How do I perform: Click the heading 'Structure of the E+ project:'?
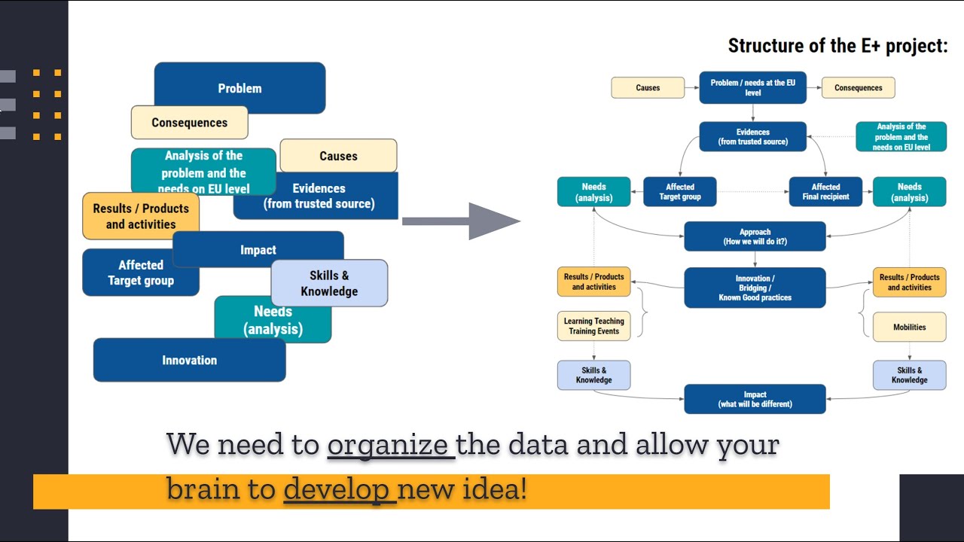point(837,46)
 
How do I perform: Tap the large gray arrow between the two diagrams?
point(461,221)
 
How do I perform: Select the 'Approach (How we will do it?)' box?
point(755,236)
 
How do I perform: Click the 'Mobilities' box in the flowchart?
point(909,327)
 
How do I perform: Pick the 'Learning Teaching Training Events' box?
point(593,326)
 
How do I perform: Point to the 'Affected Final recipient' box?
point(825,192)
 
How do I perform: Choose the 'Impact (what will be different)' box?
point(755,399)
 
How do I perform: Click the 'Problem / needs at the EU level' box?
point(752,87)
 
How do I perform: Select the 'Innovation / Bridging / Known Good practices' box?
point(755,288)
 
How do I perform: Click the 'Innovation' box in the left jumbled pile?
point(188,361)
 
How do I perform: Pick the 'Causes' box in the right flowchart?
point(647,87)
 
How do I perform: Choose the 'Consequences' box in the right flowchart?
point(858,87)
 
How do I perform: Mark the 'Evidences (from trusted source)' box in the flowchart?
point(752,136)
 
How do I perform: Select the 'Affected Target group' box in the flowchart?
point(679,192)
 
